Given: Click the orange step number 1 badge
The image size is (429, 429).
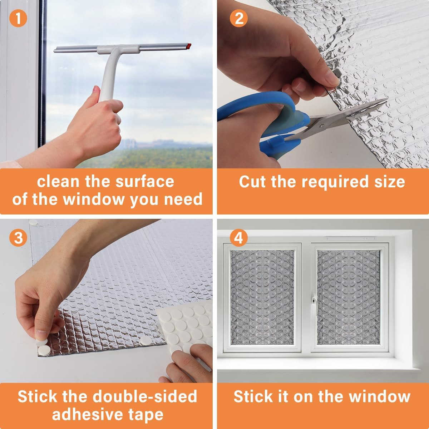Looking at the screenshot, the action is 18,18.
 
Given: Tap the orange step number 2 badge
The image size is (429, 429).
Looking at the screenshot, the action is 239,18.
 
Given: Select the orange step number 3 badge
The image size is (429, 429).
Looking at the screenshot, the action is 18,237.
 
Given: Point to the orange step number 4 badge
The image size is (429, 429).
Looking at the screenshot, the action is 239,237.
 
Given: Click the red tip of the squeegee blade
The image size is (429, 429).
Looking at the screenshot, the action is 189,46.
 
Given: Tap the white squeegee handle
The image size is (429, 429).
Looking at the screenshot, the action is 109,74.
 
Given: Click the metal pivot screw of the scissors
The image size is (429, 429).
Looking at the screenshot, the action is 322,126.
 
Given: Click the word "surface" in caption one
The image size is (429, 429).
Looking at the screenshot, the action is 145,182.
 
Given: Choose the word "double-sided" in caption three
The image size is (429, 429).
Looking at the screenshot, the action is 145,396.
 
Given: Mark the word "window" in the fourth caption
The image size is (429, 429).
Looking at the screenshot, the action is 380,396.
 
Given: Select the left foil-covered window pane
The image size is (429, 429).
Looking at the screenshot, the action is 262,297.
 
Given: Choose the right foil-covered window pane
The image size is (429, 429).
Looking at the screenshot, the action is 349,297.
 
